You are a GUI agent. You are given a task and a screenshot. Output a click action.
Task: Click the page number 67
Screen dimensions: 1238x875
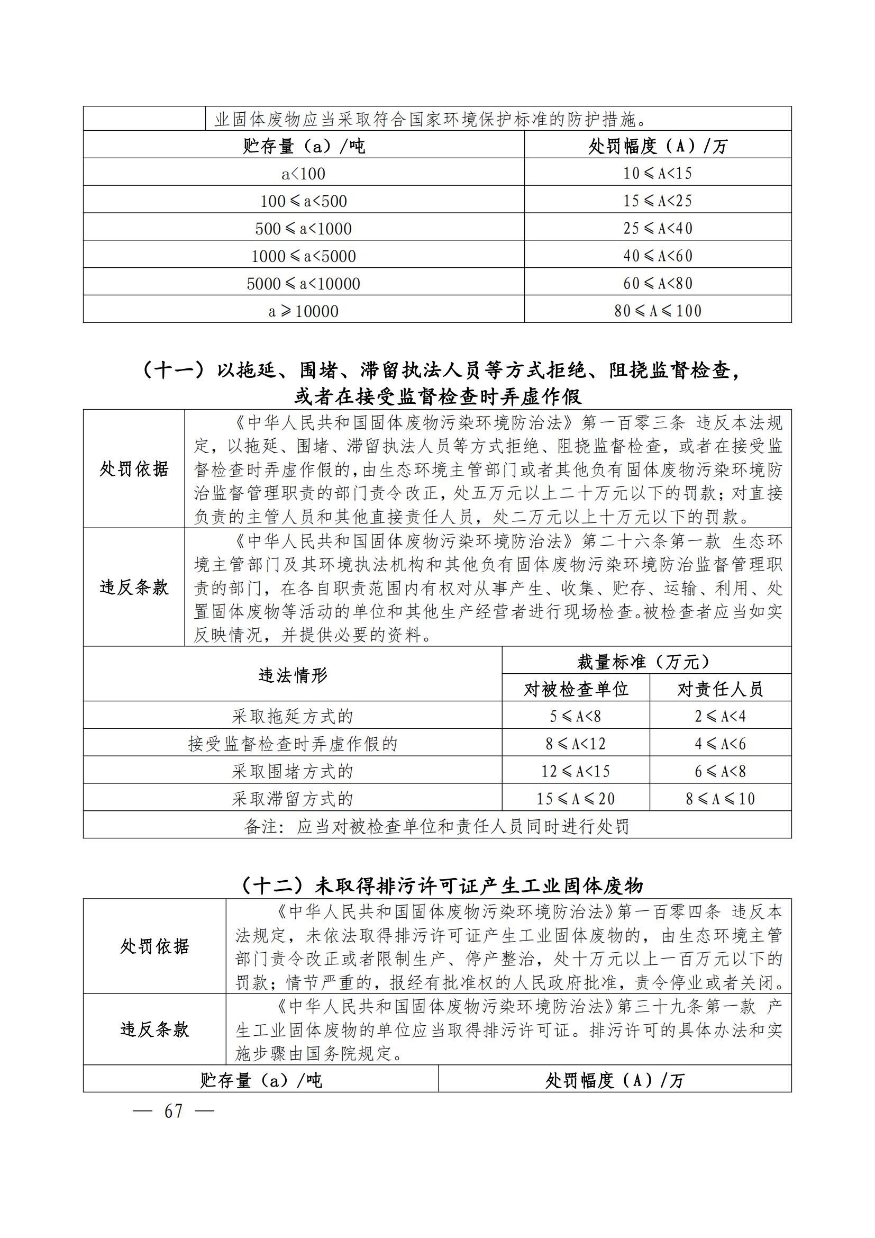click(173, 1112)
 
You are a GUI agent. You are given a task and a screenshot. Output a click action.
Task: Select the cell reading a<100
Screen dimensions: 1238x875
click(303, 174)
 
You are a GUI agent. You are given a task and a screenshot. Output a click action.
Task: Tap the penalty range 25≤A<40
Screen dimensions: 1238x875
click(658, 228)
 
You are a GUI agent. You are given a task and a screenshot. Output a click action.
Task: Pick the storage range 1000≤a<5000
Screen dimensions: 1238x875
click(303, 256)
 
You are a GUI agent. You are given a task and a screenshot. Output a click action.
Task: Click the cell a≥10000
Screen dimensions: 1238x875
click(303, 311)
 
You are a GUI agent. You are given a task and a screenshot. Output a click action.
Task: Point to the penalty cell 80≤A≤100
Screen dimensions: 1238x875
click(658, 311)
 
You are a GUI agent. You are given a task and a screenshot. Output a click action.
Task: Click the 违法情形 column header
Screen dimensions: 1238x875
click(293, 675)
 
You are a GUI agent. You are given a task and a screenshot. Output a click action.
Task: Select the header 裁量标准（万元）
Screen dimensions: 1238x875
click(646, 662)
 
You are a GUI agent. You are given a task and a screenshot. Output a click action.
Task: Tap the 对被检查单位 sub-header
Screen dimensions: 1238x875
click(576, 689)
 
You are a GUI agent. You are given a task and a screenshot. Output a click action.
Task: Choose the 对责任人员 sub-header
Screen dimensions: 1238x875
click(720, 689)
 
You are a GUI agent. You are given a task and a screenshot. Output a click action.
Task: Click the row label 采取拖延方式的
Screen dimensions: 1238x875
click(293, 717)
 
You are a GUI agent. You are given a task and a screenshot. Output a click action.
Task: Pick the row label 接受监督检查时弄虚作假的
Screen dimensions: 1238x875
click(293, 744)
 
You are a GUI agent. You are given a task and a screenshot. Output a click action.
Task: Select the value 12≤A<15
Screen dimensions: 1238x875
click(576, 771)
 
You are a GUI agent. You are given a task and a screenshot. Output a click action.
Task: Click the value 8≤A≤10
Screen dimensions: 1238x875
click(720, 799)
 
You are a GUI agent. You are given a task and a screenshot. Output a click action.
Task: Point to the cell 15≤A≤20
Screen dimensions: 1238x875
click(576, 799)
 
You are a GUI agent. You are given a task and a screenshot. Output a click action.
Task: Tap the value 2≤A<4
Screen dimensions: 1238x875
click(720, 716)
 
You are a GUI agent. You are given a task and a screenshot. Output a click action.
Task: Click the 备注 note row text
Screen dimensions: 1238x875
click(436, 827)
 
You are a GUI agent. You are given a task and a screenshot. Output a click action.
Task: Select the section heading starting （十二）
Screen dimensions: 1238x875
click(441, 886)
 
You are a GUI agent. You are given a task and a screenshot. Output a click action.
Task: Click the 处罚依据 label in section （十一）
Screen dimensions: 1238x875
click(134, 469)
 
